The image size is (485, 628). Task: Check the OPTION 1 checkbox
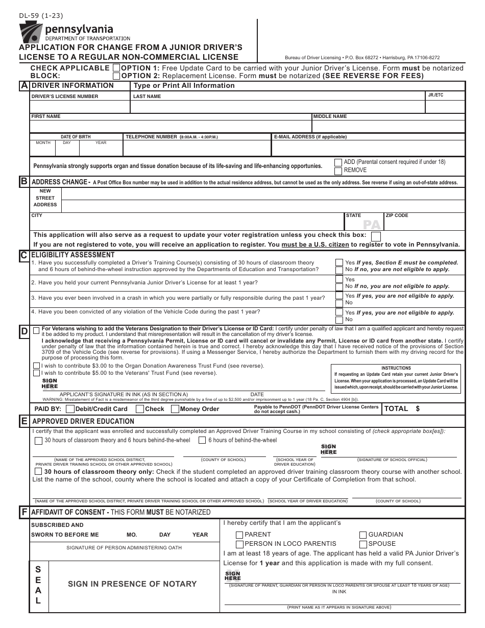pyautogui.click(x=116, y=68)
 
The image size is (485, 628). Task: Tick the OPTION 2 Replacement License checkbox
pyautogui.click(x=116, y=76)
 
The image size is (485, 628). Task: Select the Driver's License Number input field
pyautogui.click(x=80, y=107)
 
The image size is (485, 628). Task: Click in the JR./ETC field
pyautogui.click(x=445, y=107)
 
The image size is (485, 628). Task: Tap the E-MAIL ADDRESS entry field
pyautogui.click(x=368, y=148)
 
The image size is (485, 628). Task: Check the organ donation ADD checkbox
pyautogui.click(x=338, y=162)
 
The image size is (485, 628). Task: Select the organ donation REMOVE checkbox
pyautogui.click(x=338, y=170)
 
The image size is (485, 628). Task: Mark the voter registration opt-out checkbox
pyautogui.click(x=376, y=236)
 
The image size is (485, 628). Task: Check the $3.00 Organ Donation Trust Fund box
pyautogui.click(x=36, y=366)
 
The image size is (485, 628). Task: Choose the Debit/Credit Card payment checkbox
pyautogui.click(x=70, y=409)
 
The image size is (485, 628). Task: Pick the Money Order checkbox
pyautogui.click(x=175, y=409)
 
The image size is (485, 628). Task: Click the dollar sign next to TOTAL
pyautogui.click(x=418, y=409)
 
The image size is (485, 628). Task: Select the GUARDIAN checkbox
pyautogui.click(x=363, y=535)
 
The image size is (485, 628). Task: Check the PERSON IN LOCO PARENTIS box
pyautogui.click(x=239, y=544)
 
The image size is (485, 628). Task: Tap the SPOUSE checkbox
pyautogui.click(x=363, y=544)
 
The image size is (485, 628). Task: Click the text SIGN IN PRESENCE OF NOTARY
pyautogui.click(x=132, y=584)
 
